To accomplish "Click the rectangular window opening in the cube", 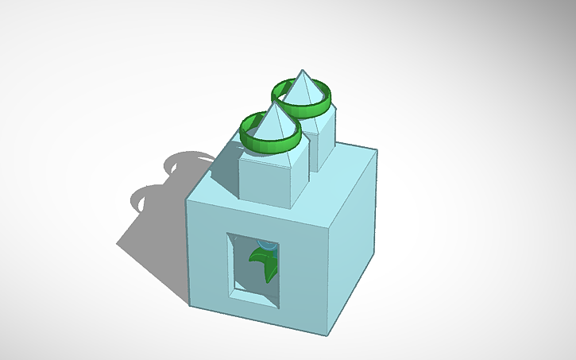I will point(253,269).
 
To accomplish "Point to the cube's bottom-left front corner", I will point(190,304).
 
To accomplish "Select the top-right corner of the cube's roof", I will point(376,150).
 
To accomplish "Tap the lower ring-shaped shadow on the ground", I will point(147,199).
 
